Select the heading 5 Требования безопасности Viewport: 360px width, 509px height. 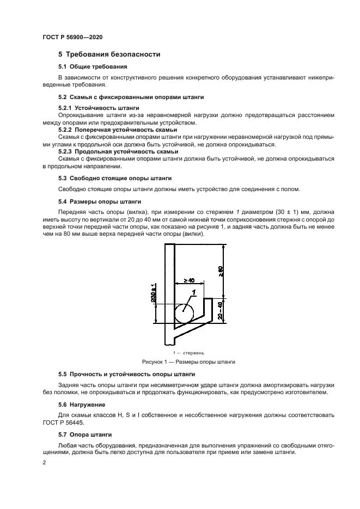(109, 54)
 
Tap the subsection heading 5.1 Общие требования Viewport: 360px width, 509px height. (93, 66)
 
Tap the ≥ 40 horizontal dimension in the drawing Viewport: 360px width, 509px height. (189, 280)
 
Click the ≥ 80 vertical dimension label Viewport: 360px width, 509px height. (221, 271)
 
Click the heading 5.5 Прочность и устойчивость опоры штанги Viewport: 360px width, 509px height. (127, 375)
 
